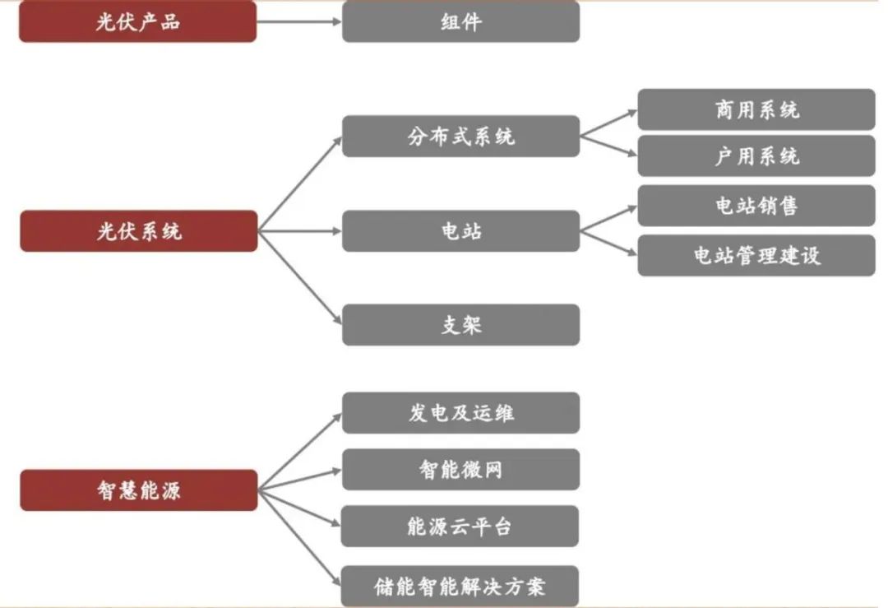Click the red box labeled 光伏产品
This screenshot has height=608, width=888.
coord(137,22)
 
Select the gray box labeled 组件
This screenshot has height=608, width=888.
coord(460,22)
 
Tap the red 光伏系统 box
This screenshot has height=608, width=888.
coord(138,231)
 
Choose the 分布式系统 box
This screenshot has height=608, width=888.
coord(460,137)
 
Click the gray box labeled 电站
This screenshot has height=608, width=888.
coord(460,231)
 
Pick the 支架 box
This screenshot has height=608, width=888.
coord(460,325)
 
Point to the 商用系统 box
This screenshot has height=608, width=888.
coord(756,109)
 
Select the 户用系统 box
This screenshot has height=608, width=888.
coord(756,156)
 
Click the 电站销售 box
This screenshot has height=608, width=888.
coord(756,206)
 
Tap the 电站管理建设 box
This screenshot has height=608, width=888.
coord(756,255)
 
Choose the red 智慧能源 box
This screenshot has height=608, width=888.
coord(138,490)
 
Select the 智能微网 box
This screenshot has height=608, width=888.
coord(460,470)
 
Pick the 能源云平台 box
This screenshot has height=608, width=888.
coord(460,527)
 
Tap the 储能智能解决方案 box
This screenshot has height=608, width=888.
coord(460,587)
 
